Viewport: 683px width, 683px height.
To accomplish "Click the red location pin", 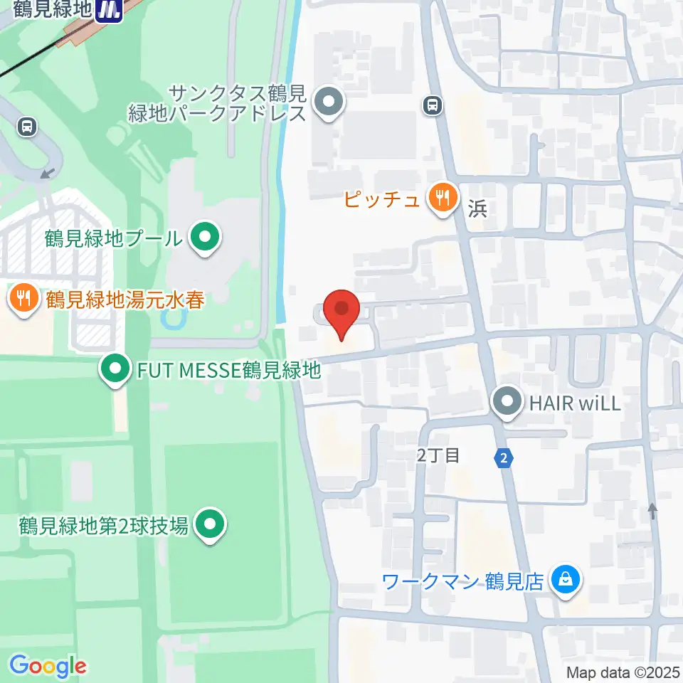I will click(x=341, y=314).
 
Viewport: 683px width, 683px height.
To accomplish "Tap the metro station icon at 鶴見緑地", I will click(x=110, y=10).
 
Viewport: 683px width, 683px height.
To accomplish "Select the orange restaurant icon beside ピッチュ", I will click(x=442, y=198).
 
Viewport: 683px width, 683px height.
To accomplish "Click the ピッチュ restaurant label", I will click(x=381, y=199).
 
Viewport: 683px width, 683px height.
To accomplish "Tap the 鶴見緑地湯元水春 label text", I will click(x=125, y=300).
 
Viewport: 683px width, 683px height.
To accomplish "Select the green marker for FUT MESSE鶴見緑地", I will click(x=114, y=369).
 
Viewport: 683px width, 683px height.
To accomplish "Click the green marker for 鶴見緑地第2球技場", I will click(x=210, y=526).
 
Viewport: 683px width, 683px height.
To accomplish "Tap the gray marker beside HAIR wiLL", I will click(x=507, y=403).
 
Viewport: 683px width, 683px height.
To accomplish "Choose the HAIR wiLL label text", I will click(x=575, y=404).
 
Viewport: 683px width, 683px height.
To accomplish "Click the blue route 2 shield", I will click(x=504, y=459).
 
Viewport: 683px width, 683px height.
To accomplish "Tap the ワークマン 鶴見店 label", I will click(x=463, y=582).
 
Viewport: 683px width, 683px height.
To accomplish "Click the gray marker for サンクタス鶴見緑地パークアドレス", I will click(x=328, y=103).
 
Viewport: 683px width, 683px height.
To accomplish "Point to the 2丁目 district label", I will click(x=438, y=455).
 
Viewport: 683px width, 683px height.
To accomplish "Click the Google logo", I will click(x=48, y=666).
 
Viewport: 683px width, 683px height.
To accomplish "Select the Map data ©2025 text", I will click(x=623, y=672).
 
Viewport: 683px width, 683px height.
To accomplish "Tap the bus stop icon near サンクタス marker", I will click(x=432, y=106).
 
